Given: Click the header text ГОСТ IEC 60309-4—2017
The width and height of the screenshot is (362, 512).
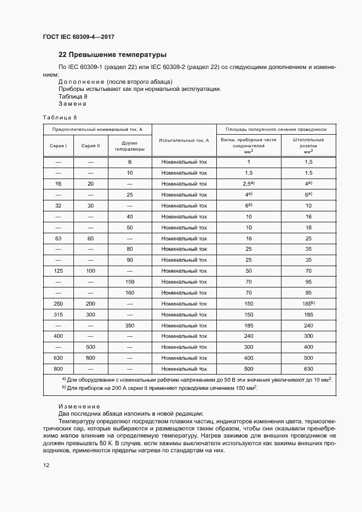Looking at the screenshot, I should click(x=78, y=37).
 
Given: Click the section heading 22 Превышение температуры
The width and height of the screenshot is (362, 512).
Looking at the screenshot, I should click(x=112, y=55).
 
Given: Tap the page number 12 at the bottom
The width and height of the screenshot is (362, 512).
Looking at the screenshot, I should click(x=47, y=465).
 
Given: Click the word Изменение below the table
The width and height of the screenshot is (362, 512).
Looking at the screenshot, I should click(x=79, y=406).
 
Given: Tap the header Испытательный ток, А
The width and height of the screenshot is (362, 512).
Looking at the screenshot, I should click(x=184, y=140).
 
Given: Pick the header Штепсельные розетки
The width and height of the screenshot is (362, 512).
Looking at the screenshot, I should click(x=308, y=143).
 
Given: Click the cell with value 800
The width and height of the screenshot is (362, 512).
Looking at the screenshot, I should click(x=59, y=369).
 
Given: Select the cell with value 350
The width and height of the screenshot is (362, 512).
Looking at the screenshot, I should click(x=130, y=325).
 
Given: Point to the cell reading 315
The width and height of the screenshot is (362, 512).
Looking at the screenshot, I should click(x=59, y=314).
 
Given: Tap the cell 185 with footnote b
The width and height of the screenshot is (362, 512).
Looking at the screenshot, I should click(x=308, y=303).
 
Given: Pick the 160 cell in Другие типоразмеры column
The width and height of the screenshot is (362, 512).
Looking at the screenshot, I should click(x=130, y=292).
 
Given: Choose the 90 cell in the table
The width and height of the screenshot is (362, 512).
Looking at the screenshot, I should click(x=130, y=260).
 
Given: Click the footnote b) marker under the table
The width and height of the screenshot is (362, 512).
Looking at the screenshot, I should click(x=64, y=388).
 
